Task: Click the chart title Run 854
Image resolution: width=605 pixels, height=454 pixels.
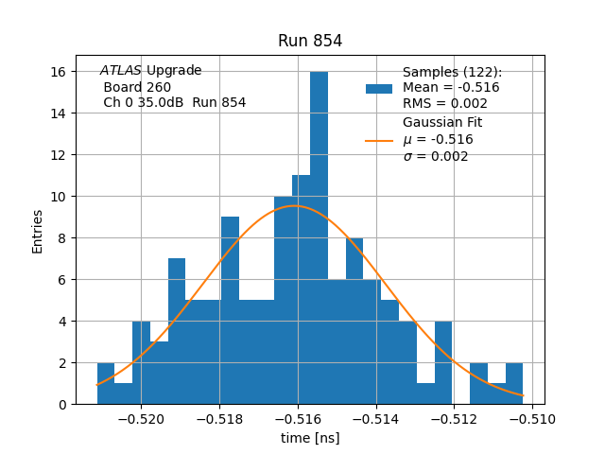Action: pos(310,41)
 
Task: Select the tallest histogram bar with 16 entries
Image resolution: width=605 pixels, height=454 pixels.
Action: pos(319,236)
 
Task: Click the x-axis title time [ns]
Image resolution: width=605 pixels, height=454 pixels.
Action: pos(310,438)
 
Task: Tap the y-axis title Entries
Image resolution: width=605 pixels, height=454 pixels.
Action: pos(38,231)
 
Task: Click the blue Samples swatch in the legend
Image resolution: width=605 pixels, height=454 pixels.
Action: pos(379,88)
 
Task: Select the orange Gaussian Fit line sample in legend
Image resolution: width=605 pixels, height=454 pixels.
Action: pos(379,140)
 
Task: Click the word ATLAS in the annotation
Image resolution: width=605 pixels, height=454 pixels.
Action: pos(121,71)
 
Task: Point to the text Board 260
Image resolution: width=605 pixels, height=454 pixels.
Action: pos(137,87)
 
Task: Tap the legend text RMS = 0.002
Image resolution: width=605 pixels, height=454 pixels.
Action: pos(445,104)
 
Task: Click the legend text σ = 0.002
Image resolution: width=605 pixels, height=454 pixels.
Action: pos(436,157)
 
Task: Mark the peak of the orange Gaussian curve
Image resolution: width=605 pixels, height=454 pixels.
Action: pos(295,206)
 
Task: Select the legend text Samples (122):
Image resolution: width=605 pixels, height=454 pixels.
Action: pos(453,72)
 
